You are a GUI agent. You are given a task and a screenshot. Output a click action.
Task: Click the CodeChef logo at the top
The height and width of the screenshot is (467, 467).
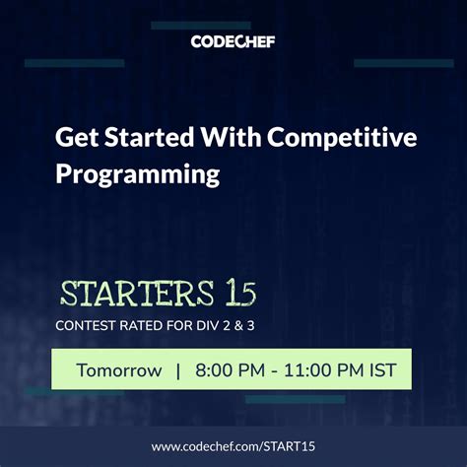[x=233, y=40]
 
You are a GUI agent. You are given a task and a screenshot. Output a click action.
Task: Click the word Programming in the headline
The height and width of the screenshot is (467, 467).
[x=136, y=174]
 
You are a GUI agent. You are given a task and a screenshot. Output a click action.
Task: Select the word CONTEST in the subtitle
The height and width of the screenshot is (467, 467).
[x=88, y=323]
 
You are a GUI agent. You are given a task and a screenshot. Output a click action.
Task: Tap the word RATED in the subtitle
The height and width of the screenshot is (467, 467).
[x=148, y=323]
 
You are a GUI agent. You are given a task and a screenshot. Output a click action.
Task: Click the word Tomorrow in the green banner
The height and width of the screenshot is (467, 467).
[x=120, y=370]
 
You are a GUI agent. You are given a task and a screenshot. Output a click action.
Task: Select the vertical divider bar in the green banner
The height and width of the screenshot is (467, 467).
[x=178, y=370]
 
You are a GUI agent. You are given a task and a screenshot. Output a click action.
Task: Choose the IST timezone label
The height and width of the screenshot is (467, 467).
[x=383, y=370]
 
